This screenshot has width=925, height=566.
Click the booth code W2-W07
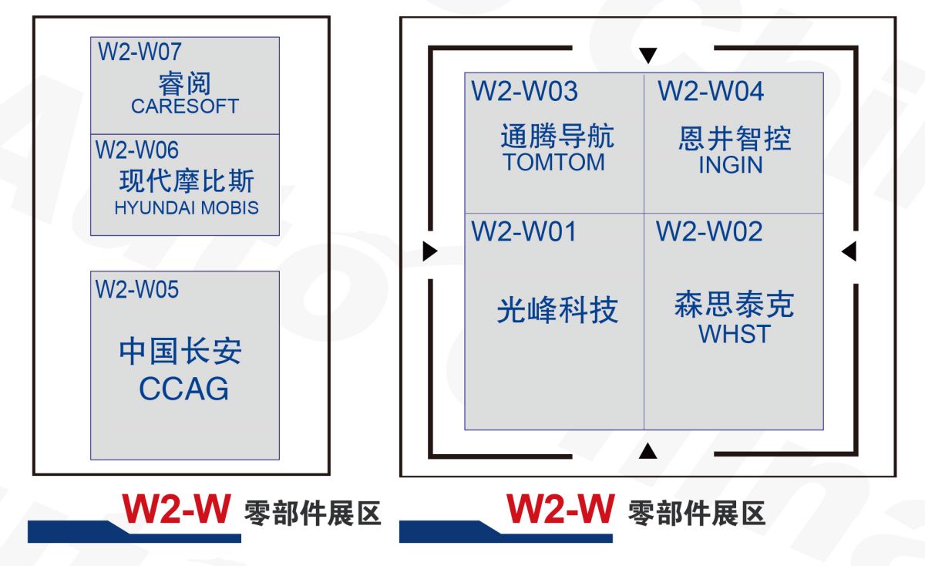click(140, 52)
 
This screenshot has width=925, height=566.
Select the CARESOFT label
click(185, 106)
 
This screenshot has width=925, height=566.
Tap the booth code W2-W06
click(137, 150)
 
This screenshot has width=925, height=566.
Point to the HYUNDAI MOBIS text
click(186, 207)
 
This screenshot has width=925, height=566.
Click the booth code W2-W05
click(137, 289)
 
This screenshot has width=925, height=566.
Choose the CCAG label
click(183, 389)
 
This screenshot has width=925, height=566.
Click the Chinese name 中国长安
click(180, 352)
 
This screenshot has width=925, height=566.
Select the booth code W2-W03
click(524, 91)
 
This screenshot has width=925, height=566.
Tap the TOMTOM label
click(553, 163)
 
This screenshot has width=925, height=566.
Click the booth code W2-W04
click(711, 91)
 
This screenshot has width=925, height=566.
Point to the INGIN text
click(730, 165)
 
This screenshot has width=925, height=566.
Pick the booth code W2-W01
click(524, 231)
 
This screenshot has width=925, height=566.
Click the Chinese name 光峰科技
click(557, 311)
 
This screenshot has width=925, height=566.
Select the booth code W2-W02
click(709, 231)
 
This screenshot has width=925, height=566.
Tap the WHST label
click(734, 334)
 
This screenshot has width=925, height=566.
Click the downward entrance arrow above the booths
click(648, 55)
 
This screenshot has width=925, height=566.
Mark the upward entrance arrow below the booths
click(648, 451)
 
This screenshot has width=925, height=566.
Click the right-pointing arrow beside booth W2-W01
click(430, 251)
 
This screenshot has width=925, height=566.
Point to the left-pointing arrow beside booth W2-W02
click(849, 251)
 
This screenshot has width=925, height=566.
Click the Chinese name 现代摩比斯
click(187, 182)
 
